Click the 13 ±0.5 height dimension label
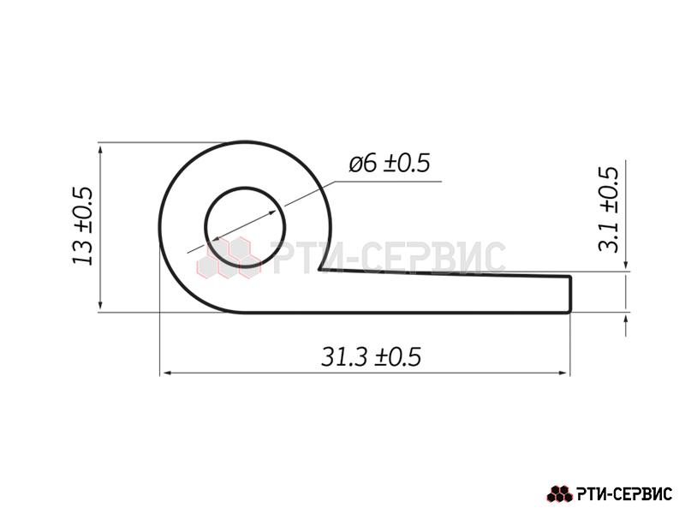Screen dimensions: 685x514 (x=82, y=226)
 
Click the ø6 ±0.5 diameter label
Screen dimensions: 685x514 (x=390, y=163)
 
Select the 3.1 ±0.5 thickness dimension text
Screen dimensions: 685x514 (x=609, y=209)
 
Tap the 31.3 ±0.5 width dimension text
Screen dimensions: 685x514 (x=372, y=356)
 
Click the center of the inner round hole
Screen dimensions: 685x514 (x=245, y=227)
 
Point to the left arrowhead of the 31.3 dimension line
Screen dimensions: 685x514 (x=164, y=374)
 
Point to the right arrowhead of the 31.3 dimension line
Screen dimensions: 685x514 (x=565, y=374)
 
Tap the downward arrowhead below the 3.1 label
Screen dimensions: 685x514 (x=626, y=265)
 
